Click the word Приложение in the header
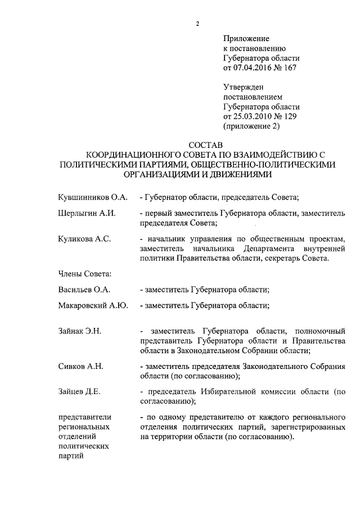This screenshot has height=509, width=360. point(246,39)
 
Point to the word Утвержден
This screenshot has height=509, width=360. point(244,87)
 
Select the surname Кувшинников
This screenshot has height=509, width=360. point(84,198)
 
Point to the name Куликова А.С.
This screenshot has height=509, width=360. point(84,239)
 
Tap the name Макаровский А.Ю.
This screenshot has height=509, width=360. point(93,306)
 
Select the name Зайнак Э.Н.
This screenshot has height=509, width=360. point(79,331)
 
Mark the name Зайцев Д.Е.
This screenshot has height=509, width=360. point(79,391)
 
